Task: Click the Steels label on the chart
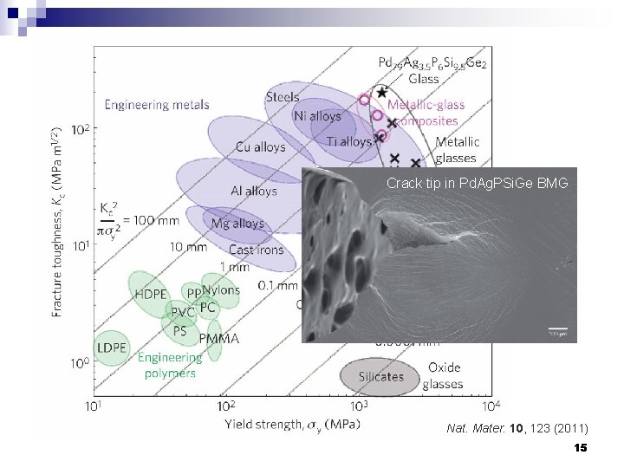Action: (x=283, y=97)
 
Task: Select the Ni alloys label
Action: (x=317, y=116)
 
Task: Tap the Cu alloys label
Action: (x=261, y=147)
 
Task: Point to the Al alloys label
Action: (x=254, y=191)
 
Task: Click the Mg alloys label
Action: (x=237, y=224)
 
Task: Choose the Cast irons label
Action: (x=256, y=250)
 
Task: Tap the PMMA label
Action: (x=218, y=339)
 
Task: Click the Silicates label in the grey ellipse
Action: (x=381, y=376)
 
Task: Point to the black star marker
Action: (x=383, y=93)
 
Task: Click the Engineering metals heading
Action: (x=157, y=105)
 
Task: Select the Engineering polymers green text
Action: (x=170, y=365)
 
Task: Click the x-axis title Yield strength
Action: (x=293, y=425)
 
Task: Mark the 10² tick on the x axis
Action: (x=225, y=406)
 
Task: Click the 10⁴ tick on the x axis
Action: (x=491, y=406)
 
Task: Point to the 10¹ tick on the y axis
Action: (x=80, y=246)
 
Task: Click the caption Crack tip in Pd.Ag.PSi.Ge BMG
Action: (x=477, y=184)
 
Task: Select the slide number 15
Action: (x=580, y=448)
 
